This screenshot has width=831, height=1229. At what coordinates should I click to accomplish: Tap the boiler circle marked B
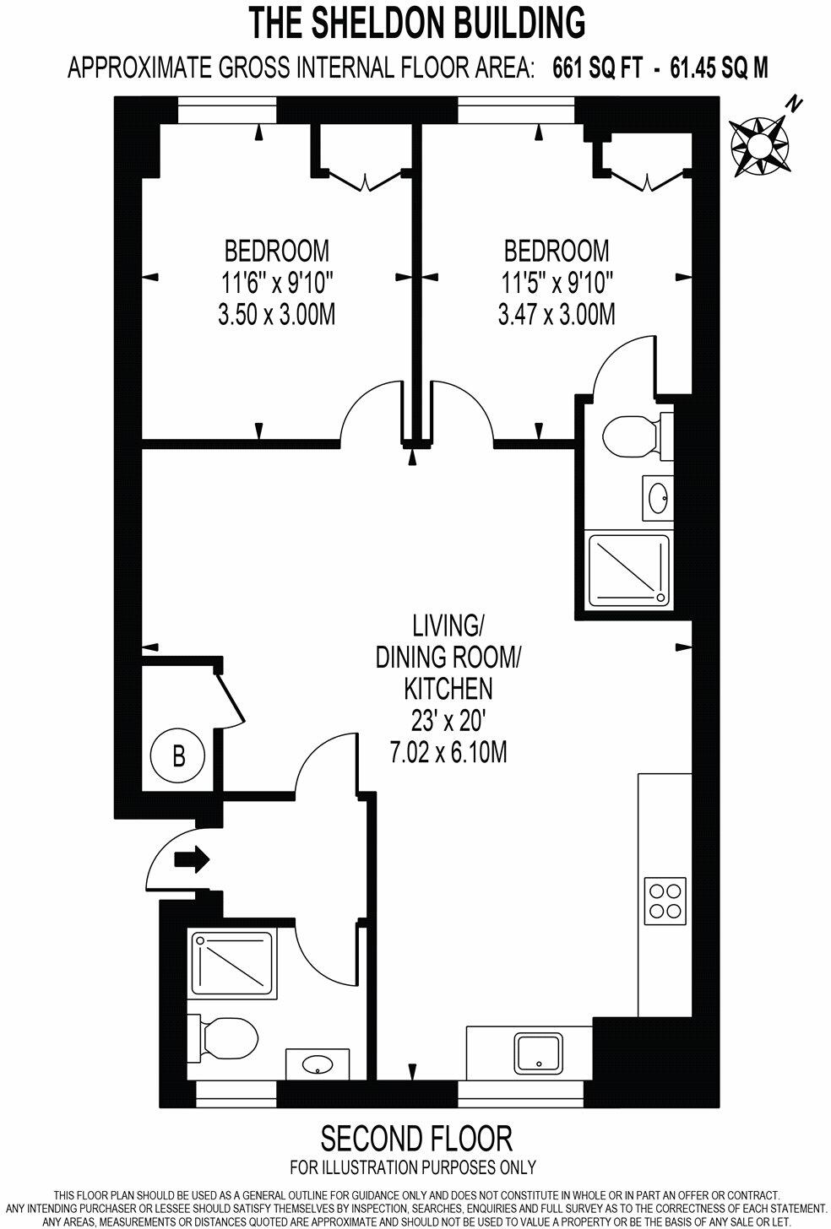[178, 755]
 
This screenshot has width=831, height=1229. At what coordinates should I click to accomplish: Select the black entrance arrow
[191, 860]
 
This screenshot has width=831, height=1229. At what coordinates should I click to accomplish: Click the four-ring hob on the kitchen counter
[665, 900]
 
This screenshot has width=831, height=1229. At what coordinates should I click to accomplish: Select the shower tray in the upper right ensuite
[627, 571]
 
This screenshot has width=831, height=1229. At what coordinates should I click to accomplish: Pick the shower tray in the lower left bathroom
[233, 963]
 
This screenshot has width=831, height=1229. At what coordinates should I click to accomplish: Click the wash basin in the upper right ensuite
[657, 497]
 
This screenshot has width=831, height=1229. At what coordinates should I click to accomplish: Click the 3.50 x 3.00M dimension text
[277, 315]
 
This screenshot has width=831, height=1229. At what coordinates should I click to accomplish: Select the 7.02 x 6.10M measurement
[448, 752]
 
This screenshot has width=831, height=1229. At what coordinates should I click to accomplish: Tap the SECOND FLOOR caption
[416, 1139]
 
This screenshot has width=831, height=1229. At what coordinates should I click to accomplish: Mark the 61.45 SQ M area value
[719, 68]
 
